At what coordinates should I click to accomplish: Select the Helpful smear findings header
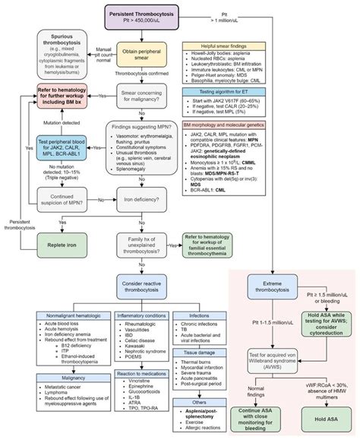tap(230, 47)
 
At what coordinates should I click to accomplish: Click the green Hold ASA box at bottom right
tap(323, 416)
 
